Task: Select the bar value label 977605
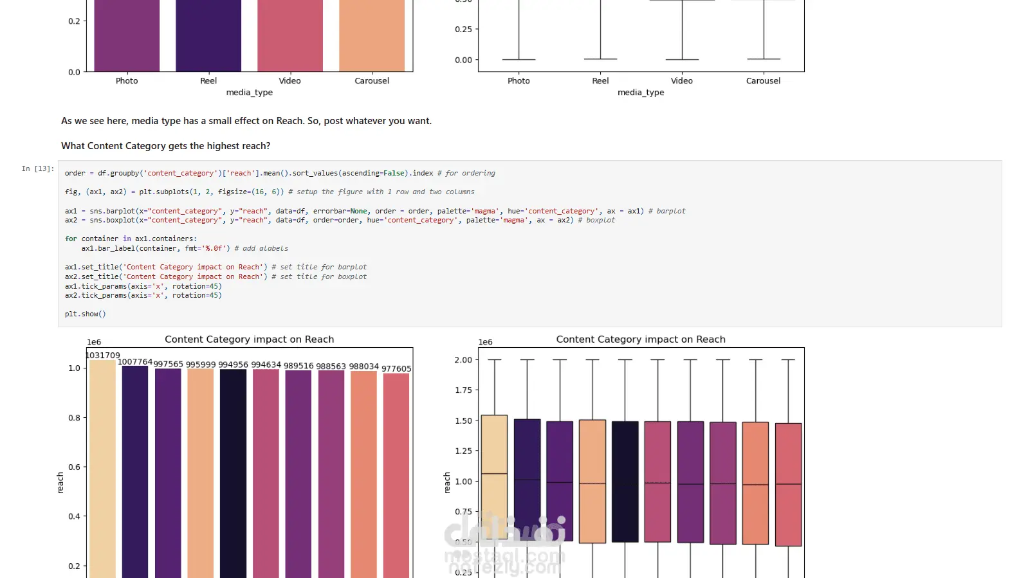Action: (396, 368)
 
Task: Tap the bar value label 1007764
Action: (135, 362)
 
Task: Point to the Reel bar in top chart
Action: (208, 35)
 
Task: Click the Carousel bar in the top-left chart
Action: (372, 35)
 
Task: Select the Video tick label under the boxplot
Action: (682, 81)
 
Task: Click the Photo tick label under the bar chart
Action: (127, 81)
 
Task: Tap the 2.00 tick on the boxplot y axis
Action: (463, 360)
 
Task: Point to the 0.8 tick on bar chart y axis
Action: (75, 418)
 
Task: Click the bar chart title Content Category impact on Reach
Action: (249, 339)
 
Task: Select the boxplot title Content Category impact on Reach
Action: (641, 339)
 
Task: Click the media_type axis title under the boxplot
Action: (641, 93)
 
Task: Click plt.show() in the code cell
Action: (85, 314)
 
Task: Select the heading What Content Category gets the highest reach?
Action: (165, 146)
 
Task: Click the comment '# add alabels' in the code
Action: (261, 248)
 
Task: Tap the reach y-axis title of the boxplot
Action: (447, 482)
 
